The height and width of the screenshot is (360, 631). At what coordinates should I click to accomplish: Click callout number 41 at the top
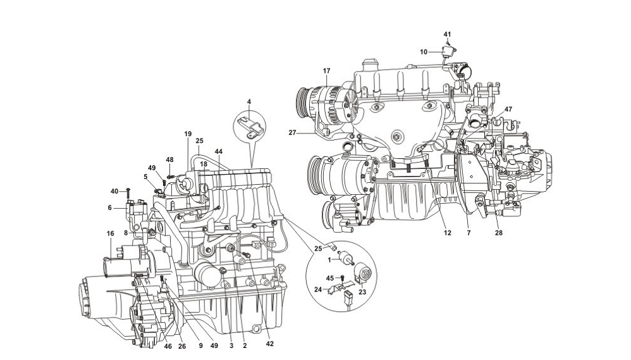coord(447,34)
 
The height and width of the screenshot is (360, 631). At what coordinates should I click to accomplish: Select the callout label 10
coord(424,51)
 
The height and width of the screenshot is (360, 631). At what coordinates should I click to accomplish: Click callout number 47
coord(508,109)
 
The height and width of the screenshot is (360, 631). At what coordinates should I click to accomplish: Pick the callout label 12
coord(447,233)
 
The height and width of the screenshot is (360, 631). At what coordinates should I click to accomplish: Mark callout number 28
coord(498,233)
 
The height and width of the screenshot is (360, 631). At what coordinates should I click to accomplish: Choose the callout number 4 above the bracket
coord(249,102)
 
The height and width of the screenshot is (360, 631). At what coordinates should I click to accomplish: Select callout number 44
coord(218,152)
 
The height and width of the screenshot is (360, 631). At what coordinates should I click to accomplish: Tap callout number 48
coord(169,159)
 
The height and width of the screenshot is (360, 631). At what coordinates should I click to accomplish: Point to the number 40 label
coord(114,191)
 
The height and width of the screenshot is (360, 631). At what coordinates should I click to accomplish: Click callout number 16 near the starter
coord(110,233)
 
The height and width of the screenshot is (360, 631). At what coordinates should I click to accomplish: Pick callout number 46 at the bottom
coord(168,347)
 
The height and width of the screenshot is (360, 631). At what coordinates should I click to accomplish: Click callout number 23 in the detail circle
coord(362,292)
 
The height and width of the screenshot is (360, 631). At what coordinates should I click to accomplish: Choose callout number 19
coord(187,134)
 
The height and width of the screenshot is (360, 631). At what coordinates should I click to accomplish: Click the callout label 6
coord(110,207)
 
